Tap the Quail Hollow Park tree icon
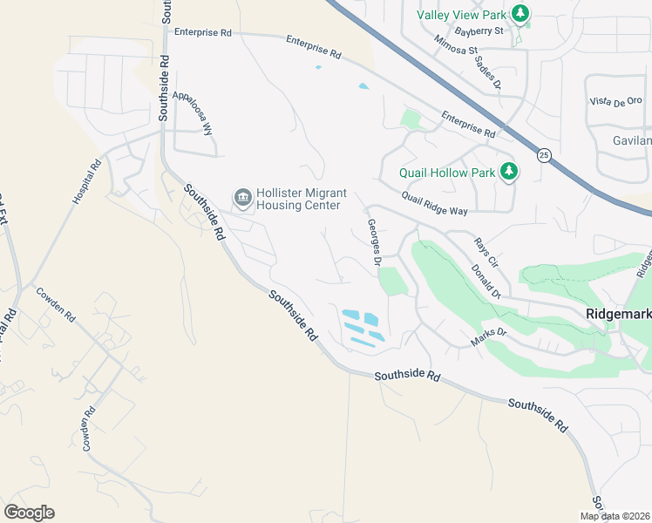coord(508,172)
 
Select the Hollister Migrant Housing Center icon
coord(241,199)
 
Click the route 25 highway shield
coord(544,155)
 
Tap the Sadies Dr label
coord(492,74)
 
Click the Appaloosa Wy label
coord(194,112)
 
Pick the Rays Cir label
coord(486,252)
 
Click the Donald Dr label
coord(486,282)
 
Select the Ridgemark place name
coord(617,314)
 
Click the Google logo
coord(29,513)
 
